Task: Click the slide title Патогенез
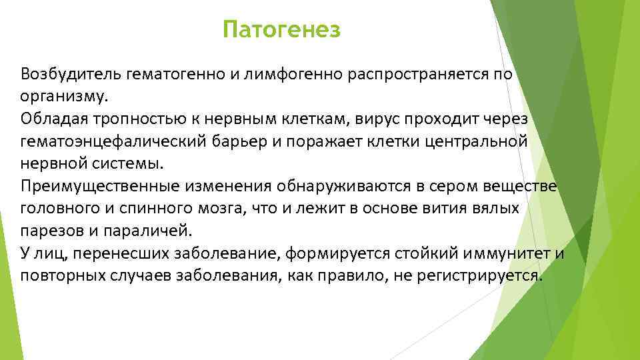[281, 30]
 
